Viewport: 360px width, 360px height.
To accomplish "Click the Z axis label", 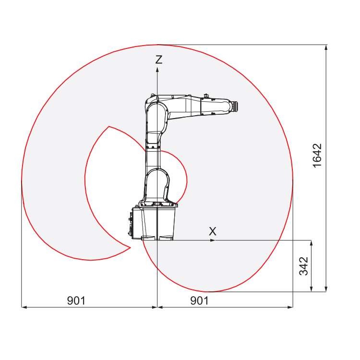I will (x=159, y=60).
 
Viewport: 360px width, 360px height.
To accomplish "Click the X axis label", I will (x=213, y=231).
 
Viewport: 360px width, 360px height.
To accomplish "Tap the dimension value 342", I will (x=303, y=265).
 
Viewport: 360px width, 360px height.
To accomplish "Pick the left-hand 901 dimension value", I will (x=76, y=300).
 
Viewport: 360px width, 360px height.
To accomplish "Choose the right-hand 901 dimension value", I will (x=199, y=300).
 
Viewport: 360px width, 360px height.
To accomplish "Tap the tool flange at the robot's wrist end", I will (x=234, y=106).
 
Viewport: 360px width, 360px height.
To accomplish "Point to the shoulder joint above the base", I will (x=156, y=185).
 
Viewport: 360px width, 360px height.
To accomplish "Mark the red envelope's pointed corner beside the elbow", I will (x=109, y=126).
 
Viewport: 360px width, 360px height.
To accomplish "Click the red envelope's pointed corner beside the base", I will (x=130, y=247).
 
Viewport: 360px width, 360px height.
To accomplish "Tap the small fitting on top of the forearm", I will (x=206, y=95).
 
